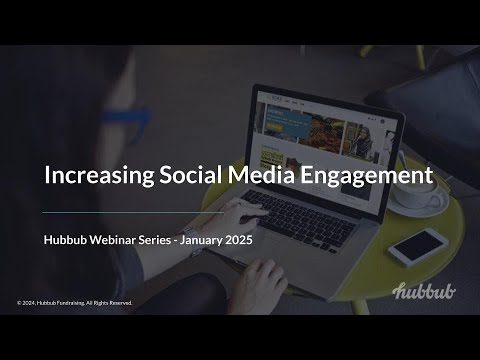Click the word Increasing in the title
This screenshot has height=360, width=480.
click(99, 175)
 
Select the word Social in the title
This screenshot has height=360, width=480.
click(190, 175)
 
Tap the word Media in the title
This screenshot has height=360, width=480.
click(262, 175)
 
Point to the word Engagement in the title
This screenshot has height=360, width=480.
click(367, 176)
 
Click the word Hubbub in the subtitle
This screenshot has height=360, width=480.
click(65, 240)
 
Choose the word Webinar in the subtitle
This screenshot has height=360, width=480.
click(112, 240)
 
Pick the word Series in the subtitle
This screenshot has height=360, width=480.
click(154, 240)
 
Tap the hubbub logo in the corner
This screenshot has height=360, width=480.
click(424, 291)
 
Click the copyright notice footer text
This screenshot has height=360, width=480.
click(75, 303)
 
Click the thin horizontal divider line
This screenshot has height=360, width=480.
click(133, 212)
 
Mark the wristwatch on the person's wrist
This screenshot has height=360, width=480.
click(192, 241)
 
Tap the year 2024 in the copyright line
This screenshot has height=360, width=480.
click(27, 303)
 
